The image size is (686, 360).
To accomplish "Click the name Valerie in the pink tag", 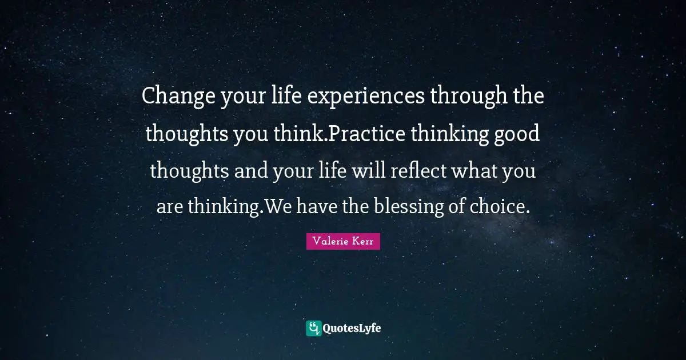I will click(x=329, y=242).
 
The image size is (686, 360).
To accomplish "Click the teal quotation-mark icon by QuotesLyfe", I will click(x=313, y=328).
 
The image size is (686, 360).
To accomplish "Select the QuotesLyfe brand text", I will click(x=352, y=328).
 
